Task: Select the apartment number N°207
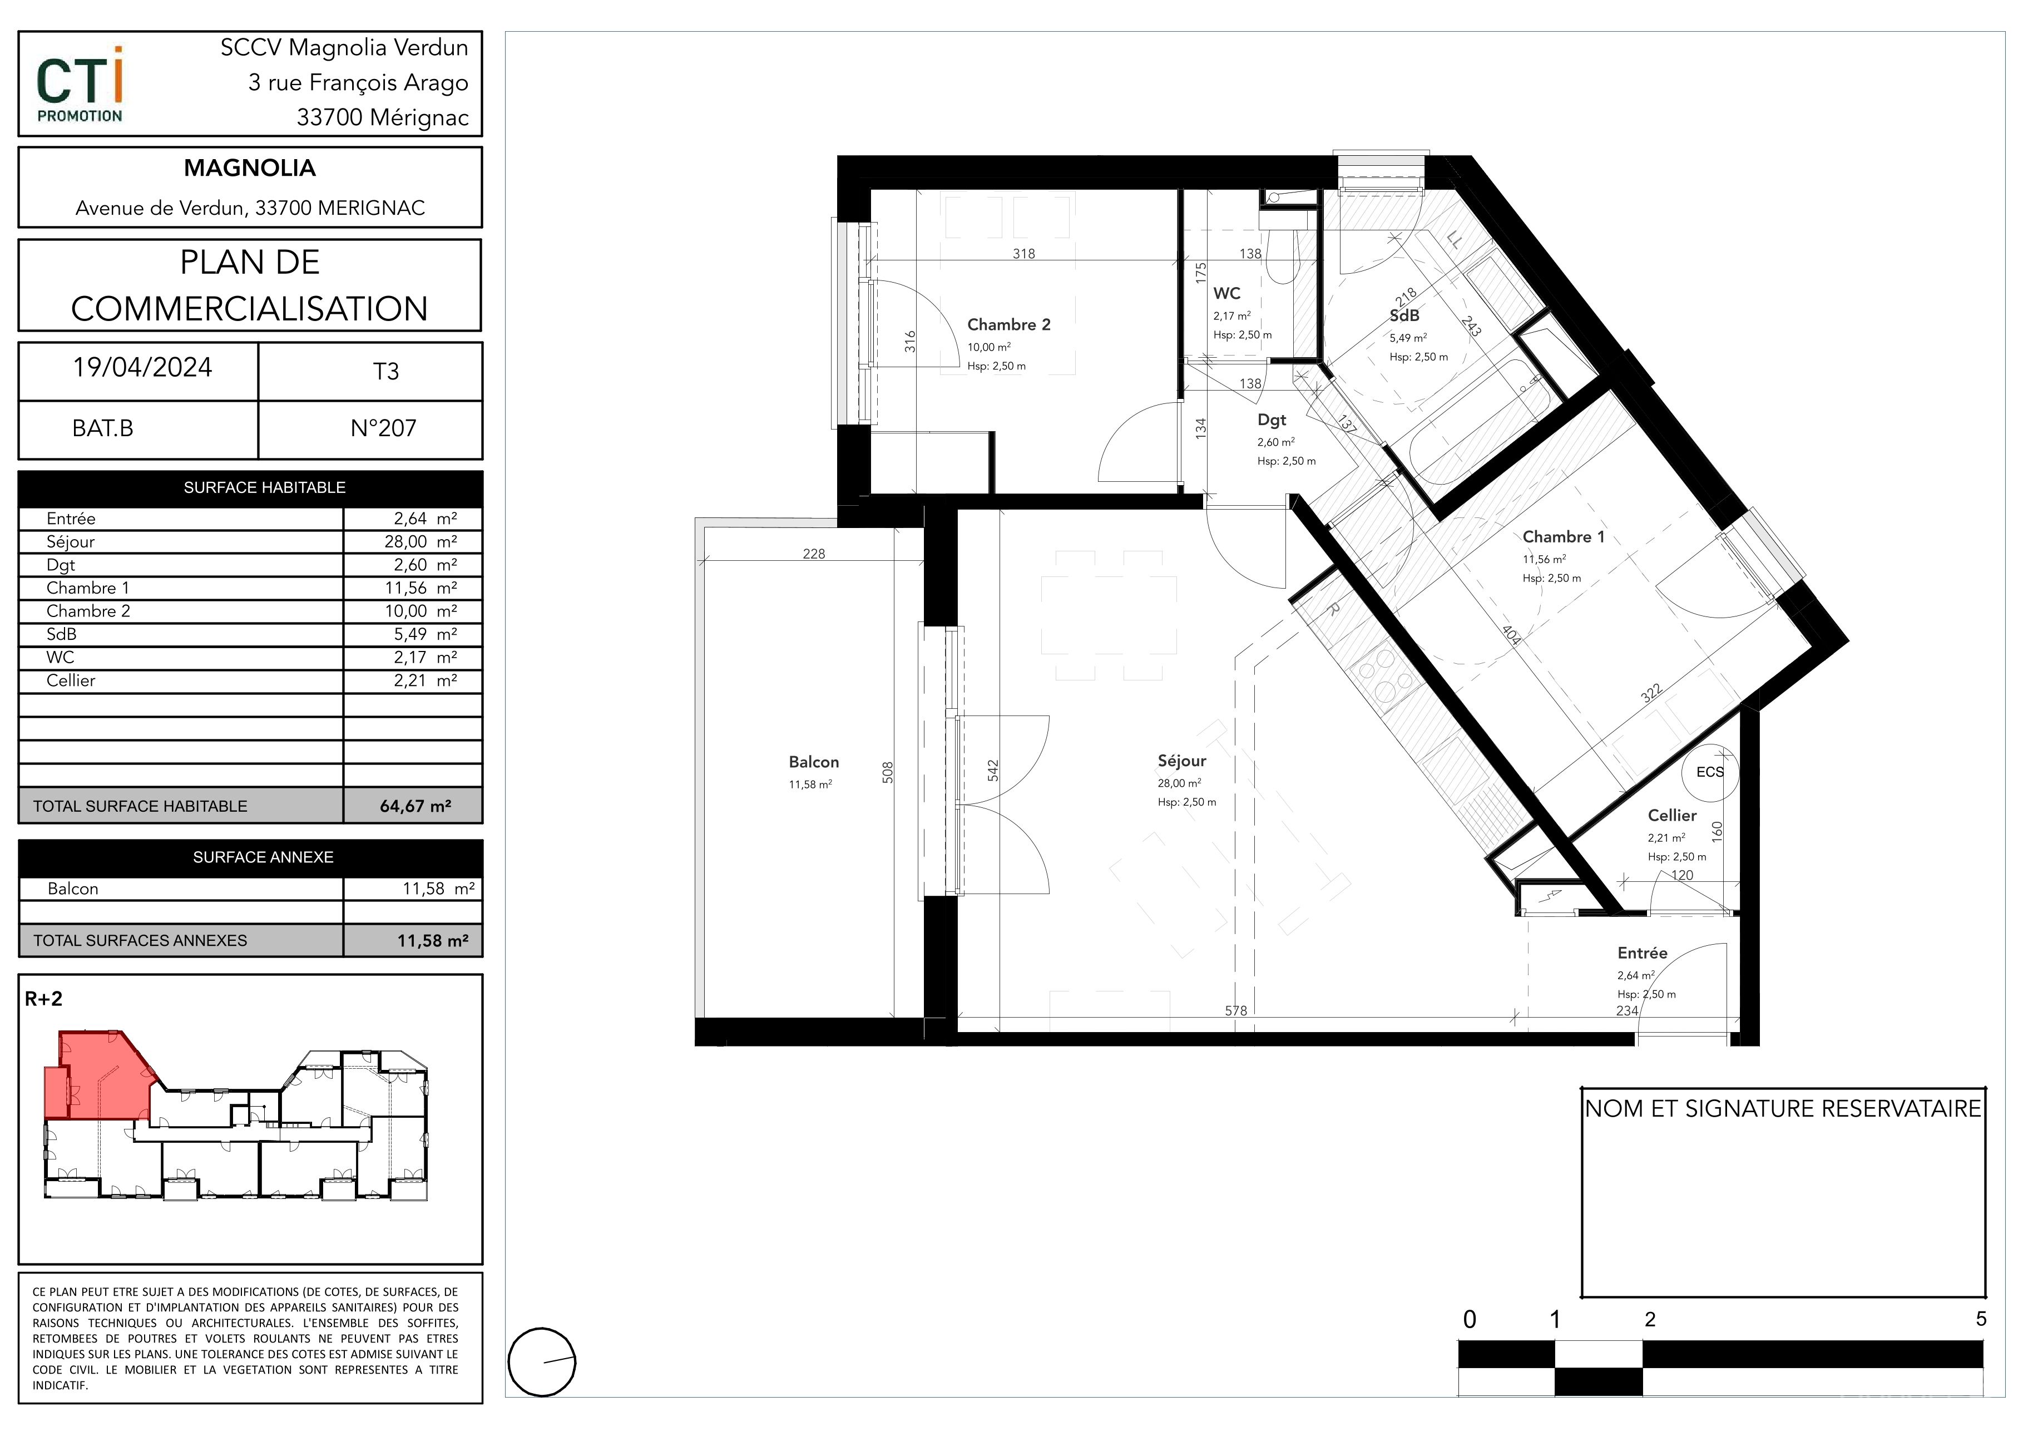pyautogui.click(x=383, y=428)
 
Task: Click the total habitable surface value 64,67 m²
pyautogui.click(x=415, y=806)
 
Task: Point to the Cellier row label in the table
pyautogui.click(x=71, y=680)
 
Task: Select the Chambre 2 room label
pyautogui.click(x=1009, y=324)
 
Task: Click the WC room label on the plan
pyautogui.click(x=1226, y=293)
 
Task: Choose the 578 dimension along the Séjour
pyautogui.click(x=1236, y=1011)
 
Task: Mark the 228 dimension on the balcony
pyautogui.click(x=814, y=554)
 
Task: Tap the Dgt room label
pyautogui.click(x=1272, y=420)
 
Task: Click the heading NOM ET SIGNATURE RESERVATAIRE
pyautogui.click(x=1783, y=1108)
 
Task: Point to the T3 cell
pyautogui.click(x=386, y=372)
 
